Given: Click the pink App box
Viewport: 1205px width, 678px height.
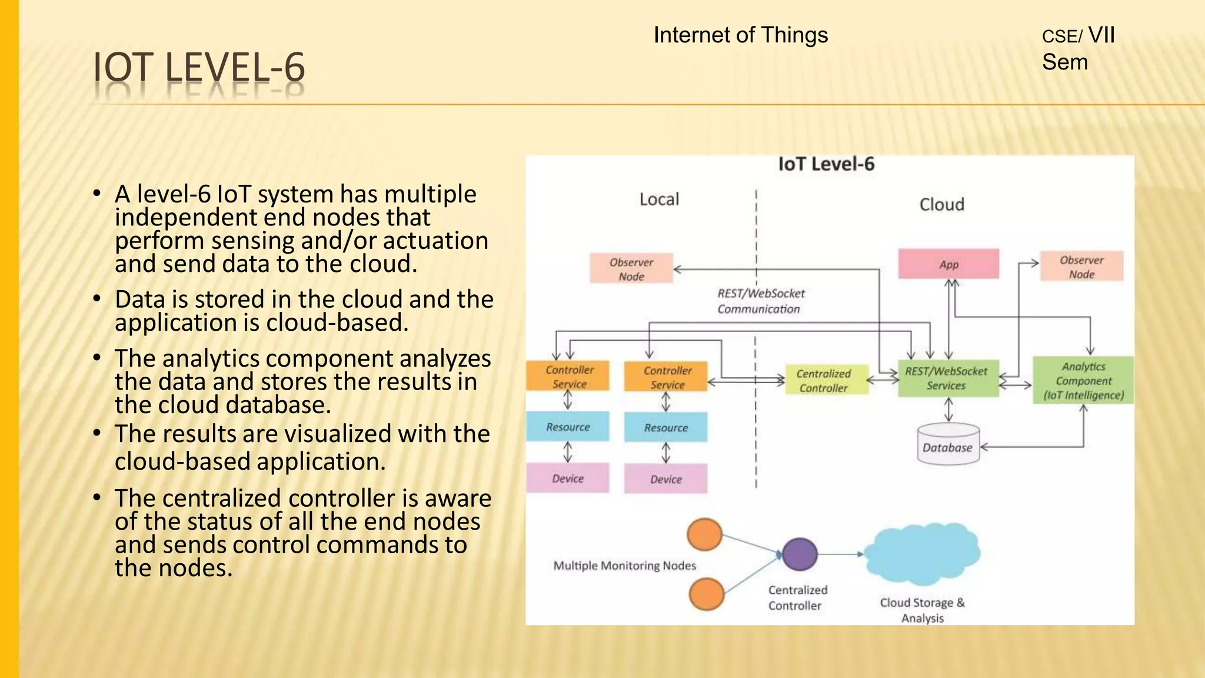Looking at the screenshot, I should pos(948,264).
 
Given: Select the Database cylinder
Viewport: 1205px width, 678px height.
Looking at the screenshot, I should pos(948,446).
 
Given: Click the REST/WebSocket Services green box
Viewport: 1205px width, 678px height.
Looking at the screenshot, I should pos(948,378).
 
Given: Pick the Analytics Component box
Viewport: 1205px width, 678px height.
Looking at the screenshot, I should pos(1083,380).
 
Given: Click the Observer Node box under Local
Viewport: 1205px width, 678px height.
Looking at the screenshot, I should pos(631,269).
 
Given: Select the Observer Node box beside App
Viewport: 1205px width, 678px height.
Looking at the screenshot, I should pos(1081,267).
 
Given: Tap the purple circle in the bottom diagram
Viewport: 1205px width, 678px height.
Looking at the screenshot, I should pos(800,554).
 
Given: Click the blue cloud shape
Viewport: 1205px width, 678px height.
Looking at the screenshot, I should pos(922,553).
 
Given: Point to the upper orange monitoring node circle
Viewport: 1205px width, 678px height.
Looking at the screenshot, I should pos(704,534).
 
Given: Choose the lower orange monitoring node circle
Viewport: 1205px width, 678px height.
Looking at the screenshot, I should pos(706,594).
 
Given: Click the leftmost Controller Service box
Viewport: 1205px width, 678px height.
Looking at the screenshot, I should pos(568,376).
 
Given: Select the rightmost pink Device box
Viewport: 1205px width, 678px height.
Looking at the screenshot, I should pos(666,478).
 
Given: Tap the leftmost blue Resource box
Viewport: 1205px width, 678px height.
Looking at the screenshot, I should pos(568,427).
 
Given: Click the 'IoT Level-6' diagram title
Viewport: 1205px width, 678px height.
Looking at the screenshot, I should pos(826,164).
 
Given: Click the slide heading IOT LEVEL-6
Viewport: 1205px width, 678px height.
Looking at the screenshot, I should pos(199,67).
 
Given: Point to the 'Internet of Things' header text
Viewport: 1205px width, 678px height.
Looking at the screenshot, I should pos(740,35).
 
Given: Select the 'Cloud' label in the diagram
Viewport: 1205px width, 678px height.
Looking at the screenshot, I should pos(941,204).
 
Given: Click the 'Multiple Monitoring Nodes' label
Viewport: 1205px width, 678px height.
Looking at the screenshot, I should pos(624,566).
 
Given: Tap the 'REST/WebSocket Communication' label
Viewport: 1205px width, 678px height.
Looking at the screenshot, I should pos(760,301).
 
